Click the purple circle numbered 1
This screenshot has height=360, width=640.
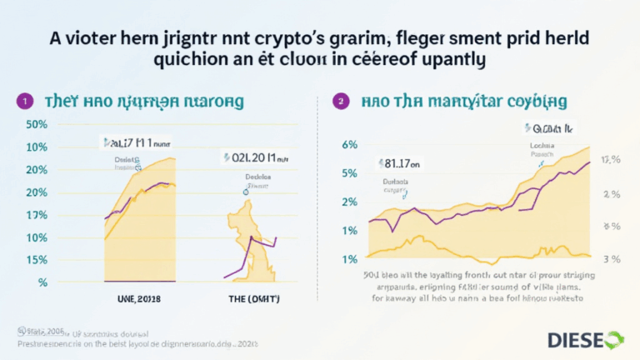[x=27, y=101]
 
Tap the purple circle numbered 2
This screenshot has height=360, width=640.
[x=339, y=101]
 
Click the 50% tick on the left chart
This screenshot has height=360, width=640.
[x=37, y=125]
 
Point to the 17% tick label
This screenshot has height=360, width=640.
[x=37, y=215]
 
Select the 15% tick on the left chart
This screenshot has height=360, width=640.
[x=37, y=260]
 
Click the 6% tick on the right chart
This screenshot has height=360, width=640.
[x=350, y=144]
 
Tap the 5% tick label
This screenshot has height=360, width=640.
[x=350, y=173]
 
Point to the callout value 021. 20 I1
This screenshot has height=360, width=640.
[x=254, y=157]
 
